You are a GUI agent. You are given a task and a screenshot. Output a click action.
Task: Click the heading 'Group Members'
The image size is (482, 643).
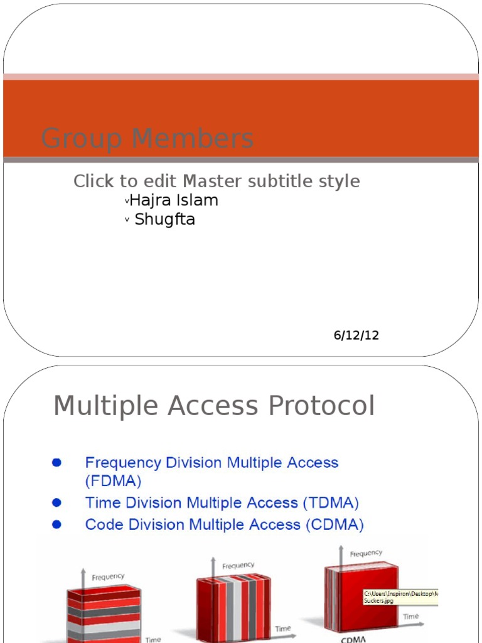point(147,139)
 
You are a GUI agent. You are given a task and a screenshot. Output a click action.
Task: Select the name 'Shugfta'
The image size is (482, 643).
point(164,220)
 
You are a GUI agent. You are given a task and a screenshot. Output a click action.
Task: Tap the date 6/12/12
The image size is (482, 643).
point(356,335)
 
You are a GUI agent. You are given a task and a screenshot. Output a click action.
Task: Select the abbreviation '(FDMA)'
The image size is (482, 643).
point(114,482)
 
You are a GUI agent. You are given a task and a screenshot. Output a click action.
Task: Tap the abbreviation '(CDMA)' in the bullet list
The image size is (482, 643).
point(335,524)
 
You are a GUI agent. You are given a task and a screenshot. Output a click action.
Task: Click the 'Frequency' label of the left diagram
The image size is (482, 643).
point(108,577)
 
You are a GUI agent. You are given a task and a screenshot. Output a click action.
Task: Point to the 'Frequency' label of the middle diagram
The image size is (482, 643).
point(238,565)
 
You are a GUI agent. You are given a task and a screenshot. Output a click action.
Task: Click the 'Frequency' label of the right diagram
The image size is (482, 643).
point(366,553)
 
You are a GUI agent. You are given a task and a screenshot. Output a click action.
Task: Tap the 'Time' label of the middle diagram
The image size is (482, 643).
point(283,629)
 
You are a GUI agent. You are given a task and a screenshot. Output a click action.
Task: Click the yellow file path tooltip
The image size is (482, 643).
point(400,597)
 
